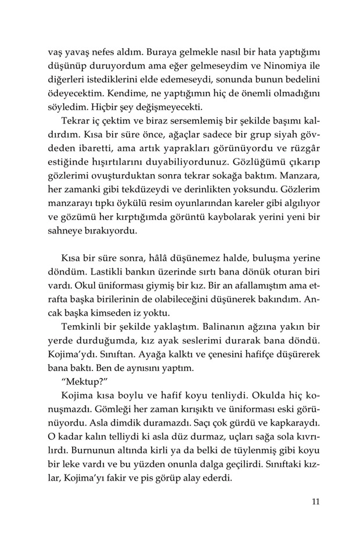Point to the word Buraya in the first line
tap(133, 51)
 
